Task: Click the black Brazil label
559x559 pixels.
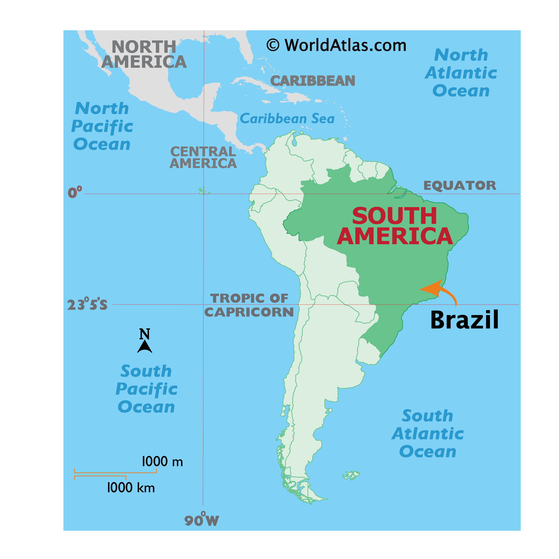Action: (464, 320)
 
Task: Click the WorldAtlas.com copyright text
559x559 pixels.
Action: (336, 45)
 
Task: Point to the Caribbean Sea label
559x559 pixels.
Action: (287, 119)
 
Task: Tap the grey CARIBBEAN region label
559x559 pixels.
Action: (313, 81)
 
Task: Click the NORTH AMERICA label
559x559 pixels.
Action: (144, 54)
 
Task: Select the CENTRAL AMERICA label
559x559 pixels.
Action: (203, 157)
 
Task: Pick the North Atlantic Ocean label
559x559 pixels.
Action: (461, 73)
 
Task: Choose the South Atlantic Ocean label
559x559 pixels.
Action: (428, 434)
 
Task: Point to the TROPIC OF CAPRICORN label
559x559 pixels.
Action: (249, 305)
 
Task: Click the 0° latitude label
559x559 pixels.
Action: (75, 192)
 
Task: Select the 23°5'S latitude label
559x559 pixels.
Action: (87, 304)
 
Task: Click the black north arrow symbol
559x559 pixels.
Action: (145, 346)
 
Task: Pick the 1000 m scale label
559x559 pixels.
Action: (162, 462)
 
